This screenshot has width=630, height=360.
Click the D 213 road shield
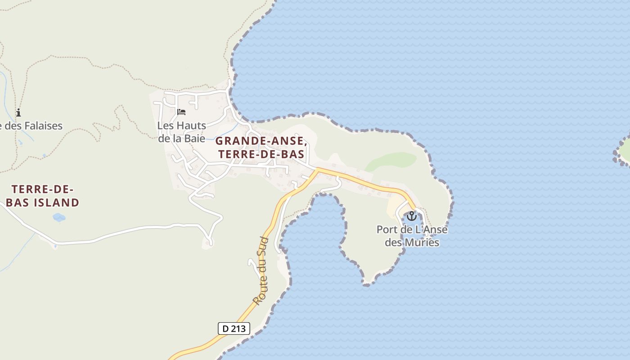(x=234, y=328)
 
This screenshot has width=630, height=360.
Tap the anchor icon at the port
(x=411, y=216)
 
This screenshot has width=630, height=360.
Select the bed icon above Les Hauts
(x=181, y=112)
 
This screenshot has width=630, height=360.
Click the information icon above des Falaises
(x=18, y=112)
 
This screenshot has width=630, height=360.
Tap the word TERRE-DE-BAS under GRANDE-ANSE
(x=261, y=154)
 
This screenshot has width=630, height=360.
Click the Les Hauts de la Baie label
(x=182, y=132)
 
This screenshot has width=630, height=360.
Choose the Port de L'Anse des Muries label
(x=412, y=236)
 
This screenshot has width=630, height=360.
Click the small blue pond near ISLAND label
(x=59, y=218)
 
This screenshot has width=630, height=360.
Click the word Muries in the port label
(x=422, y=243)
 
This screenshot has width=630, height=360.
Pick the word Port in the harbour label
(x=387, y=229)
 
